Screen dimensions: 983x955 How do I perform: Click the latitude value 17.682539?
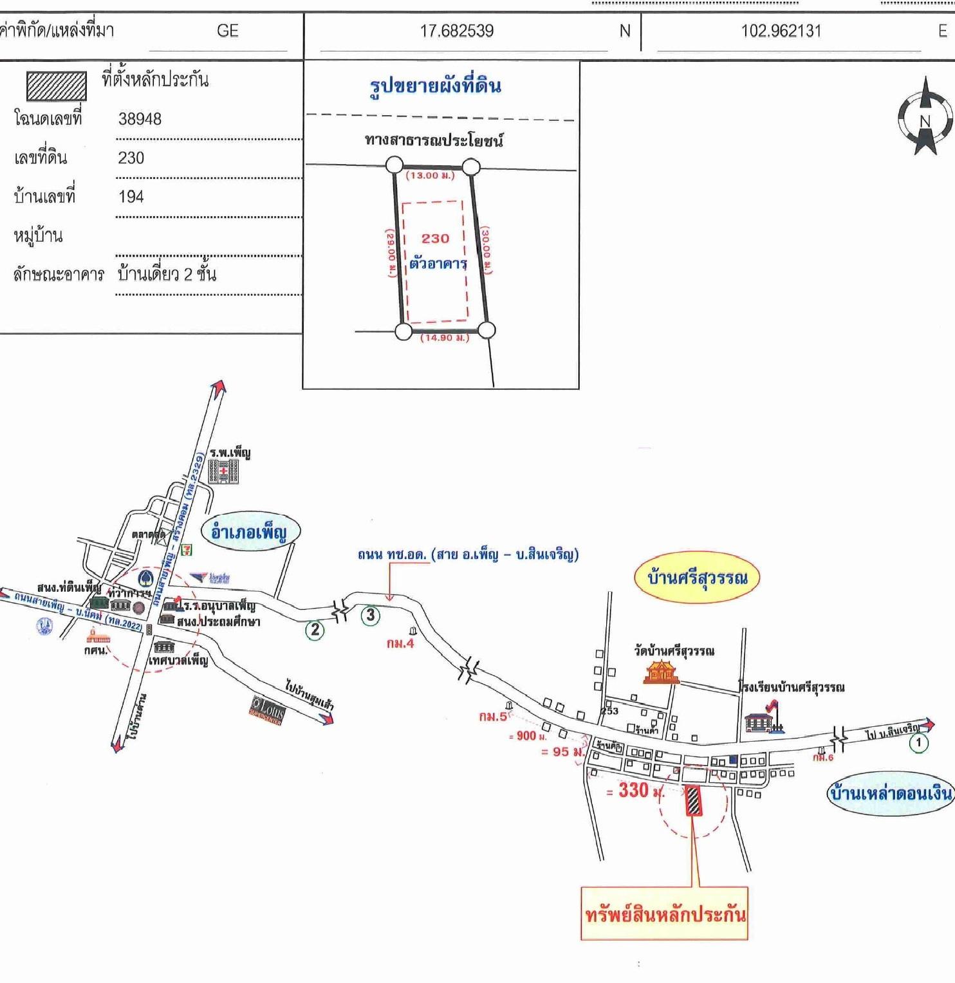[x=456, y=31]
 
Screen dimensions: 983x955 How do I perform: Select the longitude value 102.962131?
[x=781, y=31]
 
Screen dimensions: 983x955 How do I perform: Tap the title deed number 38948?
[x=140, y=119]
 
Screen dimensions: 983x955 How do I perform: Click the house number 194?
[x=131, y=197]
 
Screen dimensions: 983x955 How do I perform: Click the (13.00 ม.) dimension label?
[x=430, y=176]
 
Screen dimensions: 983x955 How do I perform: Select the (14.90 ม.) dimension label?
[x=445, y=338]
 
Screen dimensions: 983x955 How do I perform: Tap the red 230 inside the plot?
[x=435, y=239]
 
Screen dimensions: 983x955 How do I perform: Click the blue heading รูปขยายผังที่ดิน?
[x=435, y=86]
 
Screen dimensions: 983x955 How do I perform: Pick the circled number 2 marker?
[x=315, y=630]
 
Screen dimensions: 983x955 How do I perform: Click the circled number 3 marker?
[x=370, y=616]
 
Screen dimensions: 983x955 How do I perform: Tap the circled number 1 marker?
[x=918, y=742]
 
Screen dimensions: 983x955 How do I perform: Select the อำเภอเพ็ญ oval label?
[x=248, y=533]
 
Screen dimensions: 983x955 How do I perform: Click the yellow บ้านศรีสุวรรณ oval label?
[x=697, y=577]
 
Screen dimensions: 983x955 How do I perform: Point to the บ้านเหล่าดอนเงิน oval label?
[x=890, y=793]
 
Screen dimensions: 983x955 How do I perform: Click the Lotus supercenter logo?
[x=266, y=710]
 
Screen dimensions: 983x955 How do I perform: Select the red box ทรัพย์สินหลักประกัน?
[x=664, y=914]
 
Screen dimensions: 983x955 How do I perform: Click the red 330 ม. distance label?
[x=635, y=791]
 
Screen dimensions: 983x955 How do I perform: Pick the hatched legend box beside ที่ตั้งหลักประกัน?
[x=56, y=86]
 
